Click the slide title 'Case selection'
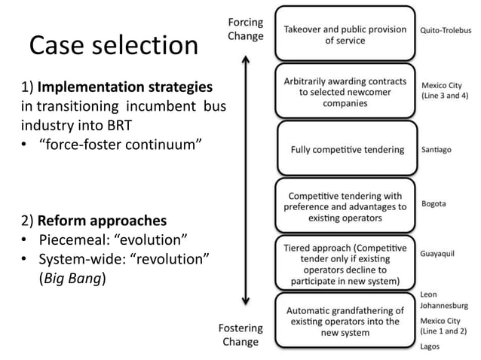(x=113, y=47)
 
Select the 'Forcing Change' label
(x=246, y=29)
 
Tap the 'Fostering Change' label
(x=241, y=334)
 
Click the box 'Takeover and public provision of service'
(x=345, y=34)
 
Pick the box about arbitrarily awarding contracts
(x=345, y=92)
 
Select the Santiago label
(x=437, y=150)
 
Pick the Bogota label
(x=434, y=203)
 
